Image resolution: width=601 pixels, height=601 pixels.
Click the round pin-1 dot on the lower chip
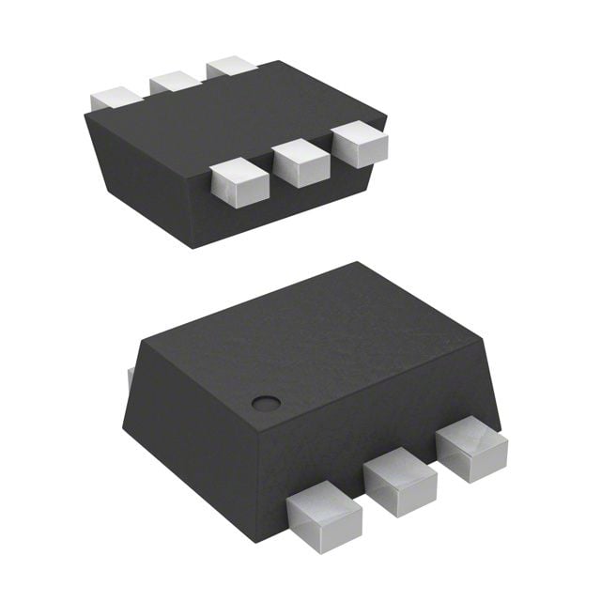click(x=266, y=404)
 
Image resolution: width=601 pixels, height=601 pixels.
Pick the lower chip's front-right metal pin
click(x=472, y=451)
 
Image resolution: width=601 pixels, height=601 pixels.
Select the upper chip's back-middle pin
click(x=174, y=81)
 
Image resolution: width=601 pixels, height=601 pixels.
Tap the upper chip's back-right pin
click(x=232, y=66)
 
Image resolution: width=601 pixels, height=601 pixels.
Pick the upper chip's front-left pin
click(x=235, y=182)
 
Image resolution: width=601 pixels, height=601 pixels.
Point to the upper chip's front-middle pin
click(x=300, y=162)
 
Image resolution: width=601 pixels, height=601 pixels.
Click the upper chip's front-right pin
click(x=360, y=145)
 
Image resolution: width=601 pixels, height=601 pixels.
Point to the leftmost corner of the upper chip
click(x=85, y=116)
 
